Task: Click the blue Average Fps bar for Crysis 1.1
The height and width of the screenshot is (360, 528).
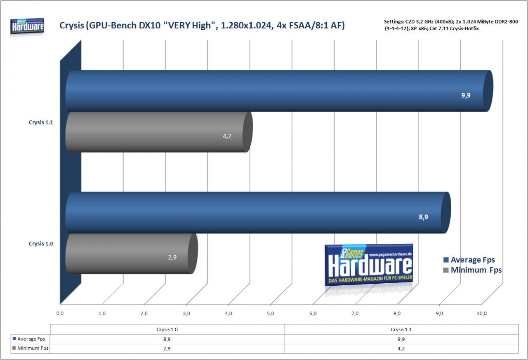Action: [279, 91]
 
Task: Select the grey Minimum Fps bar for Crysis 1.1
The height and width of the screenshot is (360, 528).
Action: [159, 132]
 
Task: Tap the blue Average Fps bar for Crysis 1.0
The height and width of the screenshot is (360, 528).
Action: [258, 212]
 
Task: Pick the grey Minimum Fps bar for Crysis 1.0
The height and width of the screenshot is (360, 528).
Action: [132, 254]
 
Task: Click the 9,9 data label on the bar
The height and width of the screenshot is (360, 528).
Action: [466, 95]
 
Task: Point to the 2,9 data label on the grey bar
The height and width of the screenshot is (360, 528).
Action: [172, 257]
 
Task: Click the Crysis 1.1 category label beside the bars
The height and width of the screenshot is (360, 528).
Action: [41, 122]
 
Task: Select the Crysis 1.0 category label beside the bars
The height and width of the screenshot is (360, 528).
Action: [41, 244]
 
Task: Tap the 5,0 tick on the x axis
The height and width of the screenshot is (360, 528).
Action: [271, 313]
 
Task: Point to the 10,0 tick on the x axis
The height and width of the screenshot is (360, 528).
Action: [481, 313]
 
